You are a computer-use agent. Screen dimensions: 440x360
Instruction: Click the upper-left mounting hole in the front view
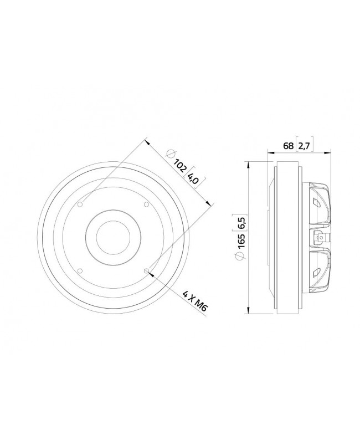click(81, 205)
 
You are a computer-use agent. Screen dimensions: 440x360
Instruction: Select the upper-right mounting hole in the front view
click(146, 205)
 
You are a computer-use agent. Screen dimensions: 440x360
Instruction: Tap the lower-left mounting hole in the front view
click(81, 270)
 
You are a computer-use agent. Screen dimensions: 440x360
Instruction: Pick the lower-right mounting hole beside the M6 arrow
click(146, 270)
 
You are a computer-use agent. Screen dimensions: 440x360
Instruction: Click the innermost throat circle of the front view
click(114, 238)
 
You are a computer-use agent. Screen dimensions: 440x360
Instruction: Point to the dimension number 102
click(179, 166)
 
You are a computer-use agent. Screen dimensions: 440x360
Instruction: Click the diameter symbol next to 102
click(170, 155)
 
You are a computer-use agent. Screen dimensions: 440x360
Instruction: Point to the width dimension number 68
click(288, 146)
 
